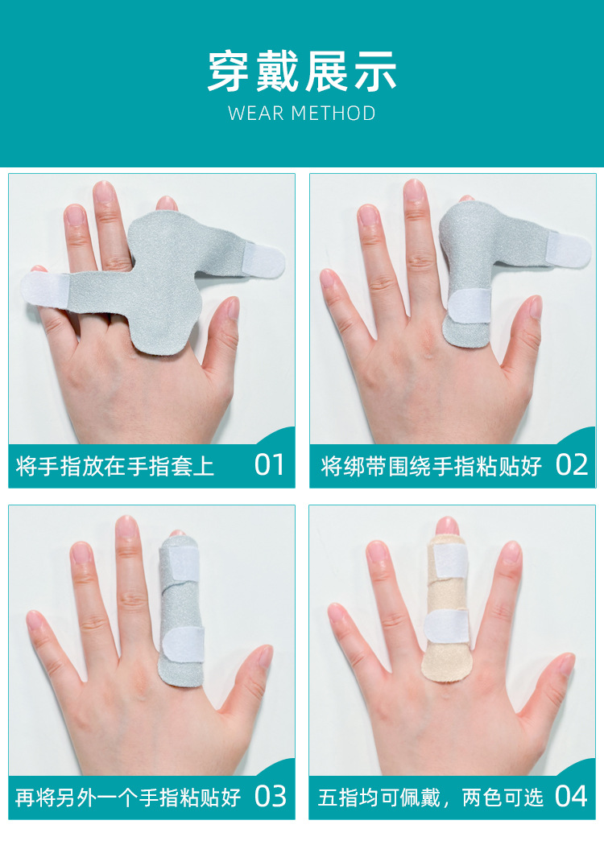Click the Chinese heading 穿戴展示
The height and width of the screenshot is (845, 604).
click(x=302, y=72)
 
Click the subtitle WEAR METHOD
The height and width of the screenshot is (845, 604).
click(x=302, y=113)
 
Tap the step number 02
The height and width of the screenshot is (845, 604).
click(x=572, y=464)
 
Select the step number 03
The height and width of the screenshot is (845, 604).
click(x=270, y=796)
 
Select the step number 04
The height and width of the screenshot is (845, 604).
click(x=572, y=796)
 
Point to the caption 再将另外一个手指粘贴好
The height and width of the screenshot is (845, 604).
click(x=128, y=798)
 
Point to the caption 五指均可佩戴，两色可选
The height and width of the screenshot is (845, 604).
click(x=431, y=798)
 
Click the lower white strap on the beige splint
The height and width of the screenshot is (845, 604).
click(x=446, y=627)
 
